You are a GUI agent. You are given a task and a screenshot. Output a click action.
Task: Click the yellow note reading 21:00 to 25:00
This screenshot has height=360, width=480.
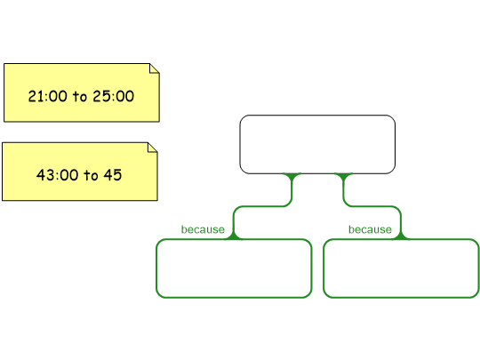click(82, 92)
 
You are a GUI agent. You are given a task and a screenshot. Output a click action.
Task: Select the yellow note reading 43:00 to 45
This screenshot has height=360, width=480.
click(80, 172)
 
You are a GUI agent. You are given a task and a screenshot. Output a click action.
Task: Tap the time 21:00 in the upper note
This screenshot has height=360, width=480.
click(47, 96)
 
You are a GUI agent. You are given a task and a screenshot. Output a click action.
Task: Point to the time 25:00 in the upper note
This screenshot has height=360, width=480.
click(114, 96)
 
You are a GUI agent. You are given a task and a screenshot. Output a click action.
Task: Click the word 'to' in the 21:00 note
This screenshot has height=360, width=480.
click(80, 97)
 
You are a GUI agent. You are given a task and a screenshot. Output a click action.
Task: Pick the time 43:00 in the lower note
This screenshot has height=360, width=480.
click(57, 175)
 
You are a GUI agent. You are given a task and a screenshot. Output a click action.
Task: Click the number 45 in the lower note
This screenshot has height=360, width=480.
click(113, 175)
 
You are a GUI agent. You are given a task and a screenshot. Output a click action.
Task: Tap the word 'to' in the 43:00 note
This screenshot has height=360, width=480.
click(91, 176)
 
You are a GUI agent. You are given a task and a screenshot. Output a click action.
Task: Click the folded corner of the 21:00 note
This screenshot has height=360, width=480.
click(155, 68)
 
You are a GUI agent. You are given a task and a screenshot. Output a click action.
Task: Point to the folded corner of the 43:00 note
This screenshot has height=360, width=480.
click(153, 147)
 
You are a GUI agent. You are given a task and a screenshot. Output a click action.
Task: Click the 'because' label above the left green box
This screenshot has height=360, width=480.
click(203, 229)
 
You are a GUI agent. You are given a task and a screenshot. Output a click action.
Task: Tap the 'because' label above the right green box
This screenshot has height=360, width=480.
click(370, 229)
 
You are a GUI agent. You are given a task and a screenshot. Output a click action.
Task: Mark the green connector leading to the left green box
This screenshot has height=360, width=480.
click(262, 206)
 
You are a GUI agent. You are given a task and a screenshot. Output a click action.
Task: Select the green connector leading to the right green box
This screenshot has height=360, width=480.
click(372, 206)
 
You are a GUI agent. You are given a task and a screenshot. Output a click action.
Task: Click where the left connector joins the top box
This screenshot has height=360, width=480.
click(292, 174)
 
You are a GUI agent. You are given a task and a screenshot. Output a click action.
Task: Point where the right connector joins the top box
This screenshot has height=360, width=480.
click(343, 174)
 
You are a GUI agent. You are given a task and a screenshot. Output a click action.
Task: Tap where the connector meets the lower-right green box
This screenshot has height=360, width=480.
click(401, 238)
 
